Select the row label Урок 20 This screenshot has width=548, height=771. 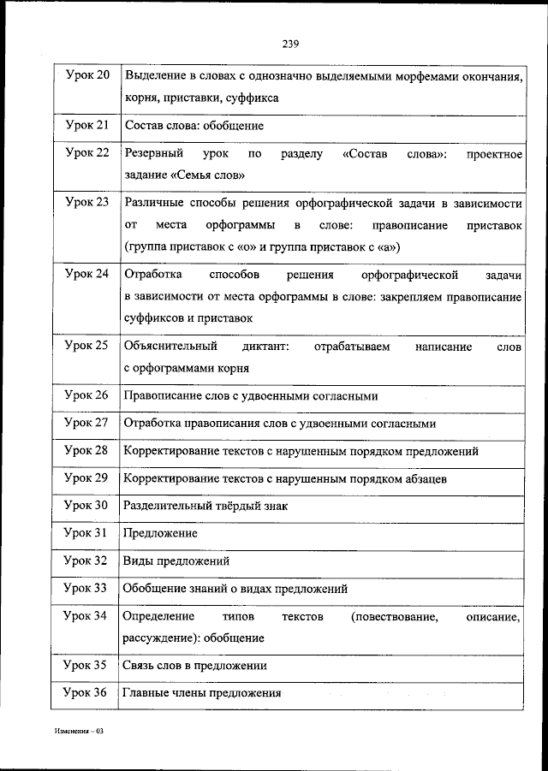pyautogui.click(x=86, y=76)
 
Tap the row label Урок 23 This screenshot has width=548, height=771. pyautogui.click(x=86, y=202)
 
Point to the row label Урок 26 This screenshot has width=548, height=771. pyautogui.click(x=86, y=395)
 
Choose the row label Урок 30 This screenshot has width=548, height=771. pyautogui.click(x=86, y=505)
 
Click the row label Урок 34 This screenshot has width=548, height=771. pyautogui.click(x=86, y=615)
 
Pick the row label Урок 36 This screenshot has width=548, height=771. pyautogui.click(x=86, y=692)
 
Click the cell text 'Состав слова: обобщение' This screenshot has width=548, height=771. pyautogui.click(x=194, y=126)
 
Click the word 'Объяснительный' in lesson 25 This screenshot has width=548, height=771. pyautogui.click(x=168, y=347)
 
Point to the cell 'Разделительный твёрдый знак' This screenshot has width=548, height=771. pyautogui.click(x=205, y=506)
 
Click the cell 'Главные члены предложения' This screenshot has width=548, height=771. pyautogui.click(x=202, y=693)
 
